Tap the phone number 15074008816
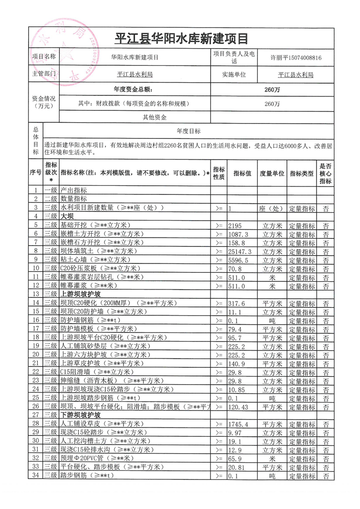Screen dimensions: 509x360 pos(316,58)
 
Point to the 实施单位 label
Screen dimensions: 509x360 pos(234,74)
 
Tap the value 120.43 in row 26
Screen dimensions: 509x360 pos(241,406)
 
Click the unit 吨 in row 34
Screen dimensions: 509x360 pos(272,476)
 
